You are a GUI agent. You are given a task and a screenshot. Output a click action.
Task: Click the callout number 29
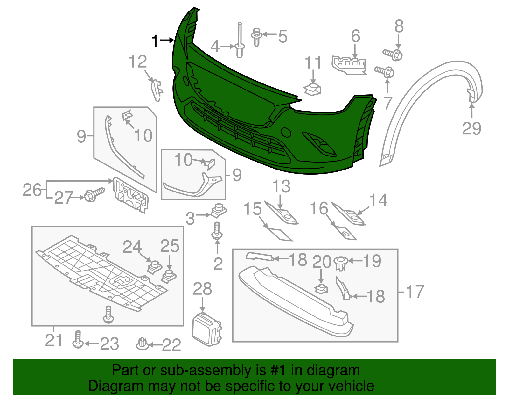coord(471,128)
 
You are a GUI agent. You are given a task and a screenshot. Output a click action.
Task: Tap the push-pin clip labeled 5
coord(257,37)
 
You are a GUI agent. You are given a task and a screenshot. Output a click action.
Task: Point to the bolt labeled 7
coord(384,72)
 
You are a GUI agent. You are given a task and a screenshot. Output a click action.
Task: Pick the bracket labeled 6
coord(349,65)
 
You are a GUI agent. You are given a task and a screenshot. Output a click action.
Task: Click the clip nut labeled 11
coord(312,89)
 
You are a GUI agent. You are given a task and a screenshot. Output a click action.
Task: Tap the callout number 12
coord(138,62)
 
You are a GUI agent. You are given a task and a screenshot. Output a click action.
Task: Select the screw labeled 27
coord(94,194)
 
